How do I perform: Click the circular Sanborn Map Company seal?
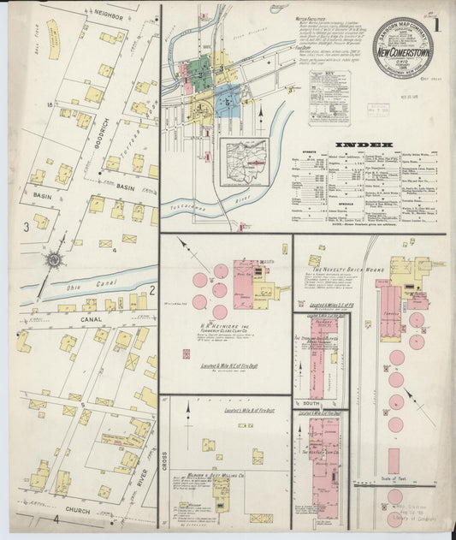point(402,48)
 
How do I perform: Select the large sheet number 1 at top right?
point(436,24)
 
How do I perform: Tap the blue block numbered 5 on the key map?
point(227,103)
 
